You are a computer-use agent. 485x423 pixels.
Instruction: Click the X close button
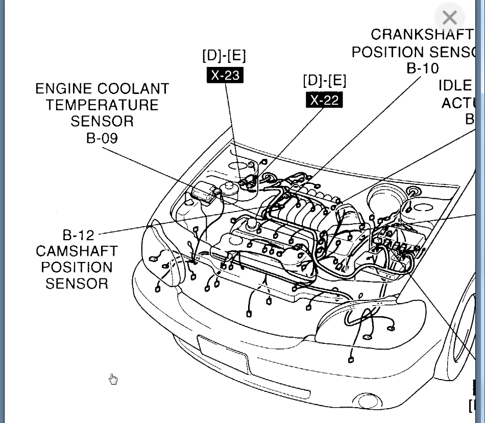coord(449,18)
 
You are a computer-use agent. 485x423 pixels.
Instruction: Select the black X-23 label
coord(225,75)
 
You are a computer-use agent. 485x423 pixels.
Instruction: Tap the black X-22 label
coord(324,100)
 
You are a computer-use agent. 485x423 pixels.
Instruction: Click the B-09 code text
coord(102,138)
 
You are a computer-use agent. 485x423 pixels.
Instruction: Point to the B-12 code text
coord(79,235)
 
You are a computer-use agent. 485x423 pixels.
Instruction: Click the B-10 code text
coord(423,68)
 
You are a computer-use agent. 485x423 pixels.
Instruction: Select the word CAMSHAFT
coord(77,251)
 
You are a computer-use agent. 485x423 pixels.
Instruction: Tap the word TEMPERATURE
coord(102,105)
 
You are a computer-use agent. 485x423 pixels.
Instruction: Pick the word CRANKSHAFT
coord(422,35)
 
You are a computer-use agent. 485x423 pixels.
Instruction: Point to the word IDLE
coord(455,86)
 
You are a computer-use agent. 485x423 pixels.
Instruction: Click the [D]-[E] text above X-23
coord(224,56)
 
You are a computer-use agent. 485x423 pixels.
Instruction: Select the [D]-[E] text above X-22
coord(324,80)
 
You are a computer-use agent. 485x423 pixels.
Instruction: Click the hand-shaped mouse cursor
coord(113,379)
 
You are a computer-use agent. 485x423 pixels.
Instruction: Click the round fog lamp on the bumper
coord(368,401)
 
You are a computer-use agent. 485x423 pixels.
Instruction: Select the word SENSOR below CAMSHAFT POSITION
coord(77,284)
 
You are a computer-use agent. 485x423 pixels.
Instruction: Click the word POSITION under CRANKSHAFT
coord(388,52)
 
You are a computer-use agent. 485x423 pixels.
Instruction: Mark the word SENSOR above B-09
coord(102,121)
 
